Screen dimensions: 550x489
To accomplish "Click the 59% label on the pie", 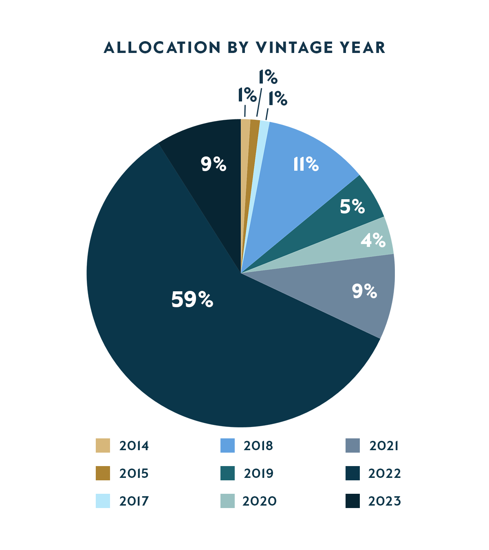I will [192, 299].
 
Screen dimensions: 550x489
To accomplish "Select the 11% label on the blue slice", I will [306, 164].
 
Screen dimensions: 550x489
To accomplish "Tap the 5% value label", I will [352, 207].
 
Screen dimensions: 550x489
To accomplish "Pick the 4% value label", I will [373, 240].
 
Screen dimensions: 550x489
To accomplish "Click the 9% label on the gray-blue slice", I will [364, 291].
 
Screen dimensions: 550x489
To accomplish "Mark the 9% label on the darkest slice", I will [213, 164].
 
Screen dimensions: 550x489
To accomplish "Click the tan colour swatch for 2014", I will [103, 446].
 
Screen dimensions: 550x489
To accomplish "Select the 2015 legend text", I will [134, 473].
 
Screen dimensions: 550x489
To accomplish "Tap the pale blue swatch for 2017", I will [103, 501].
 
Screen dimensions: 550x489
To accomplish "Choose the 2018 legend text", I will [258, 446].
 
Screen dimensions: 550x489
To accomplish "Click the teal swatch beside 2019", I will [227, 473].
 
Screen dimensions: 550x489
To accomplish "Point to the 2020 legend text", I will [260, 501].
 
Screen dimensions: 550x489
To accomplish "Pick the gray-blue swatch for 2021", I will [352, 446].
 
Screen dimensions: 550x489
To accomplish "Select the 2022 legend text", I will [385, 473].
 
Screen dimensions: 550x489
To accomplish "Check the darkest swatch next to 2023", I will [352, 501].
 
